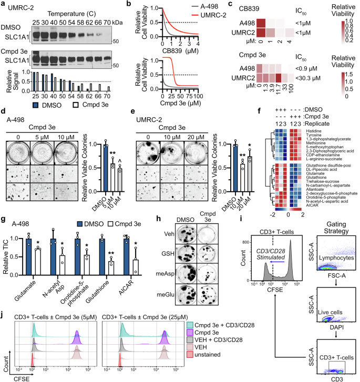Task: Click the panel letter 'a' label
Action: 3,4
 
